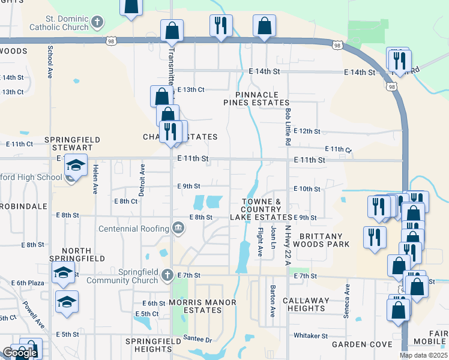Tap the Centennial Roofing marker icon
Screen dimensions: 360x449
click(x=178, y=228)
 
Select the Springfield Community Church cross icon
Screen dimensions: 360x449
click(x=167, y=275)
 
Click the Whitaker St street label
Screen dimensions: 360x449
click(x=310, y=335)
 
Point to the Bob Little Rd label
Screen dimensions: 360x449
click(x=288, y=127)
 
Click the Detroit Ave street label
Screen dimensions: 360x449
click(x=142, y=178)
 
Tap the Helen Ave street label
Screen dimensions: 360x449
click(x=95, y=179)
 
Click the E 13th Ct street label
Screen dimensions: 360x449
click(x=191, y=89)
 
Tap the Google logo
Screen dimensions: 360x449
click(x=20, y=353)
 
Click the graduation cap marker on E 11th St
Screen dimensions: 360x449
click(x=76, y=165)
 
